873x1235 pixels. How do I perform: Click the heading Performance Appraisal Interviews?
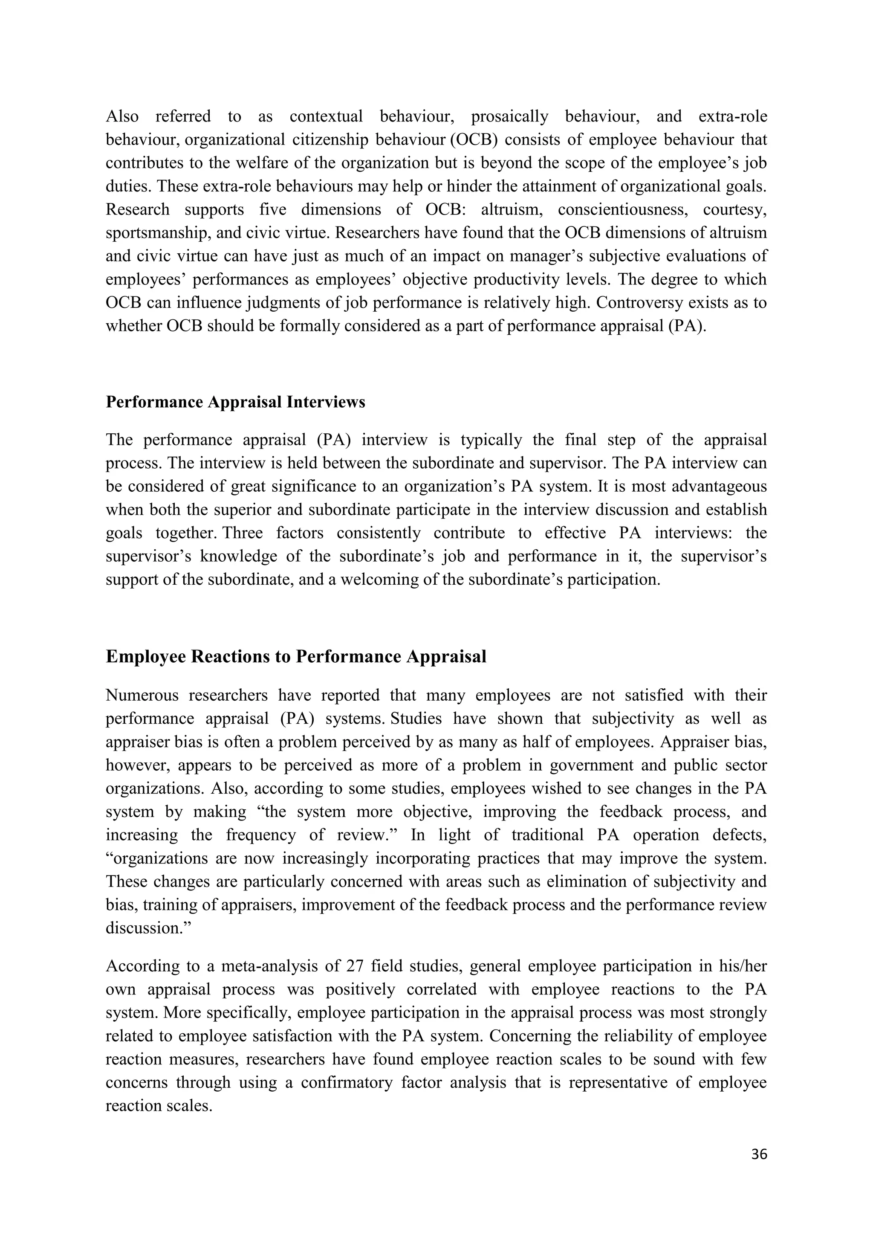coord(235,402)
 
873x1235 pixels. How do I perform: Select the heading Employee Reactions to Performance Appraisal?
coord(296,657)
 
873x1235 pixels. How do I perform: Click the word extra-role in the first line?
coord(733,116)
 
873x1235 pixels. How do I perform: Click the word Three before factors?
coord(243,533)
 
